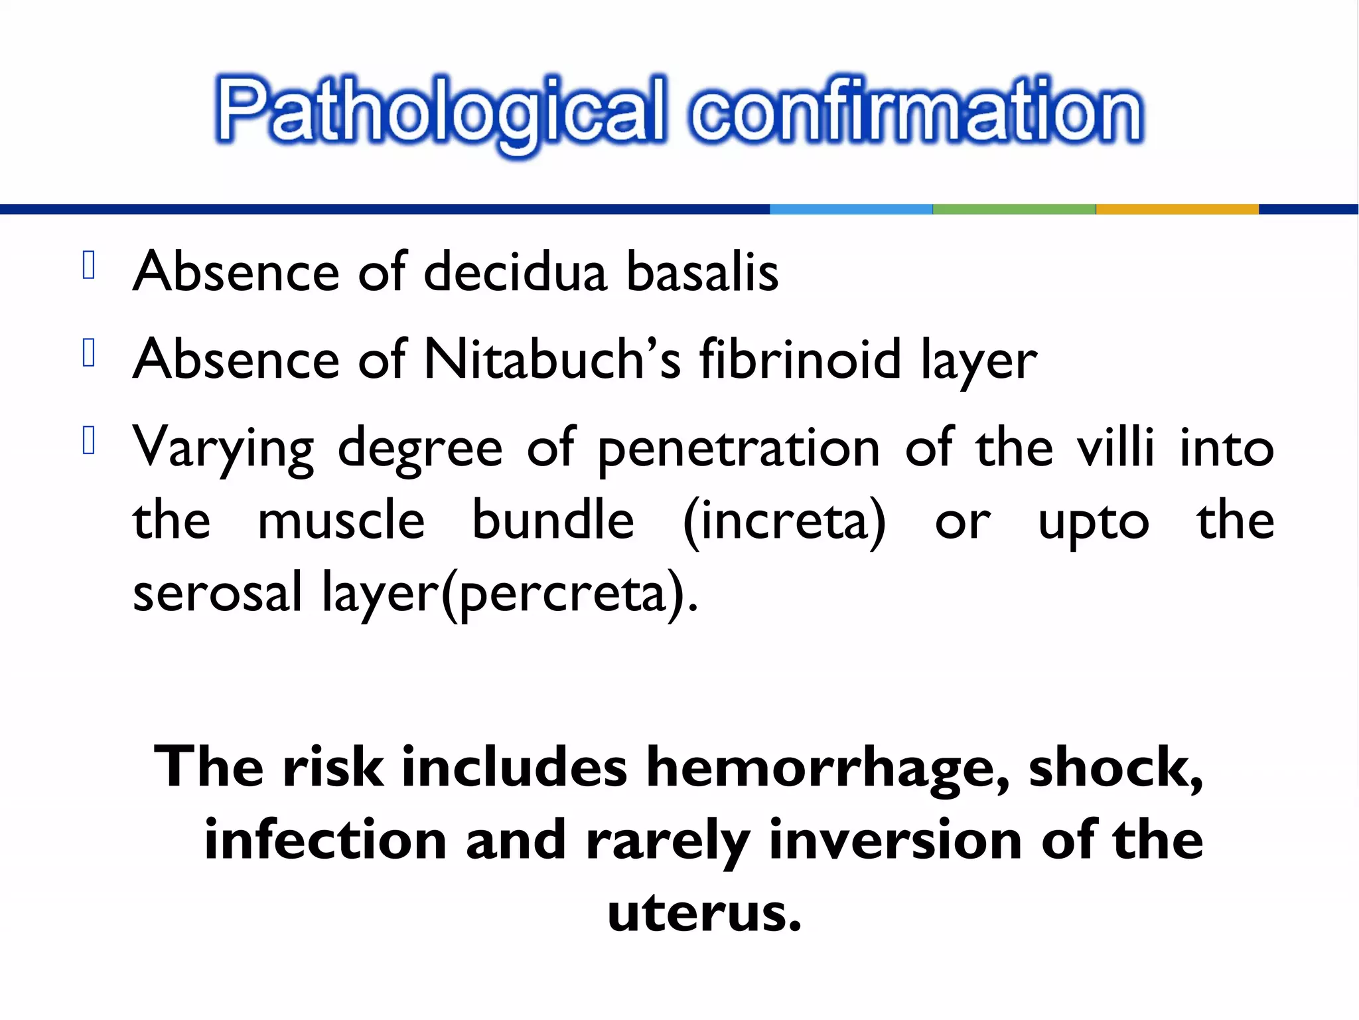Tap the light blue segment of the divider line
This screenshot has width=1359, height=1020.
(851, 209)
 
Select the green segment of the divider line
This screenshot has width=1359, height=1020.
(1014, 209)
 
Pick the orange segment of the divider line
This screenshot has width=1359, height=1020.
(1177, 209)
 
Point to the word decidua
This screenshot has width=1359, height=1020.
(515, 272)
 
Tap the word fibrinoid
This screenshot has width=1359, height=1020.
(800, 360)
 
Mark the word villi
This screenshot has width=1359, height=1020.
(1115, 448)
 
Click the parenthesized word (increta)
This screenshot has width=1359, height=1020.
(784, 522)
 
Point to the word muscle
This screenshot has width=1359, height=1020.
(341, 521)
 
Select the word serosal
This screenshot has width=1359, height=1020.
(218, 592)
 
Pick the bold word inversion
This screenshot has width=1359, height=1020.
(895, 841)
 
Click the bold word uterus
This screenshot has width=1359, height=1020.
(704, 914)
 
